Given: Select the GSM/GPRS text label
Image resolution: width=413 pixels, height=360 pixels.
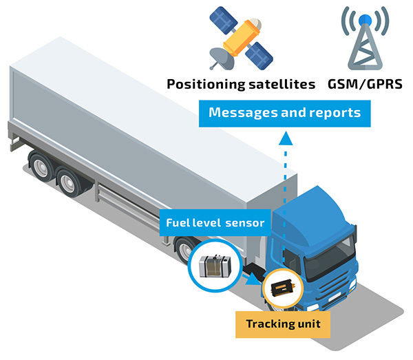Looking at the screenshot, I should click(366, 85).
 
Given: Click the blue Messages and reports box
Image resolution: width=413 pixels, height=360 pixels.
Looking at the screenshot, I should click(284, 113).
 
